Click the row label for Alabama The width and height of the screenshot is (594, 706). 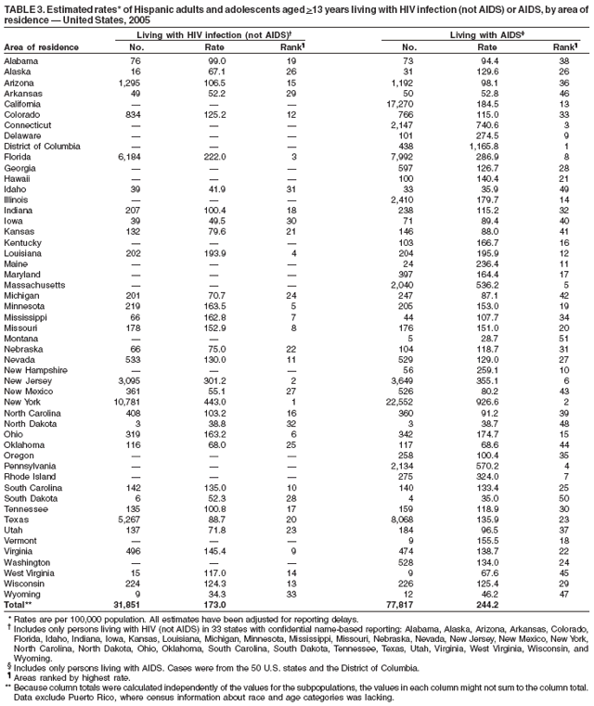20,60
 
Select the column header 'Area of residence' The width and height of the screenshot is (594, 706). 38,46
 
